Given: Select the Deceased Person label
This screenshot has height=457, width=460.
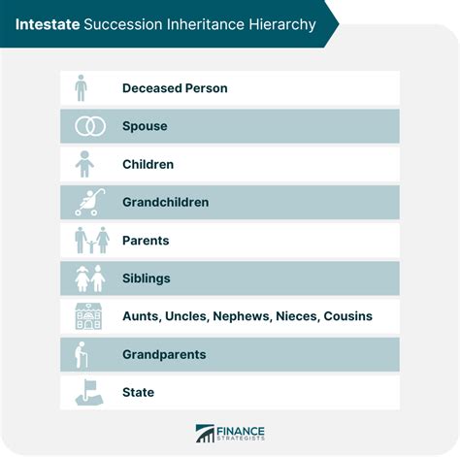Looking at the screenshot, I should coord(175,88).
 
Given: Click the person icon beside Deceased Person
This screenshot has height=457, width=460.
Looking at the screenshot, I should coord(81,88).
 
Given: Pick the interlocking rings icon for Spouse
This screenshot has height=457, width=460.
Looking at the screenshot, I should coord(89,126).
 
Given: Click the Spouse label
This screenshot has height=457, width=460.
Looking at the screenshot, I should coord(145,126).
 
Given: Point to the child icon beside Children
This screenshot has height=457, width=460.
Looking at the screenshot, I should coord(85,164).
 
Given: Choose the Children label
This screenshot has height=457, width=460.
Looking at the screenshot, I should coord(148,164).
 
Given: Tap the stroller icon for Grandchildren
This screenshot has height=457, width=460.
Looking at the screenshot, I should coord(88,202).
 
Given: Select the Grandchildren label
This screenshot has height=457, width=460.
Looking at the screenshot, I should coord(165,202).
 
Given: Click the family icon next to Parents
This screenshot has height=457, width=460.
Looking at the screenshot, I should coord(91,240).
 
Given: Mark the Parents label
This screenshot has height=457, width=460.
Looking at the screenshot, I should coord(146,240).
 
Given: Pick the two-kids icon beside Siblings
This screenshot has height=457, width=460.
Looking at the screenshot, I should coord(90,278).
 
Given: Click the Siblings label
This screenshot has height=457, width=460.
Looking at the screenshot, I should coord(146,278).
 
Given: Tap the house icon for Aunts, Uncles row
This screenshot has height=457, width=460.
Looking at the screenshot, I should coord(89,316).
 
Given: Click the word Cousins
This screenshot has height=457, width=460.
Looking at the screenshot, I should coord(346,316).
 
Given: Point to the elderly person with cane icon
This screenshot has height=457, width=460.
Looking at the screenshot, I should coord(84,354).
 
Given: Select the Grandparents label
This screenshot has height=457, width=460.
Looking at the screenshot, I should coord(164,354).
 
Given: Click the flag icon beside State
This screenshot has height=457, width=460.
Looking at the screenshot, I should coord(88,392).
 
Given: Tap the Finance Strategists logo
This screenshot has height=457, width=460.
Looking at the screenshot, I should coord(230,434).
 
